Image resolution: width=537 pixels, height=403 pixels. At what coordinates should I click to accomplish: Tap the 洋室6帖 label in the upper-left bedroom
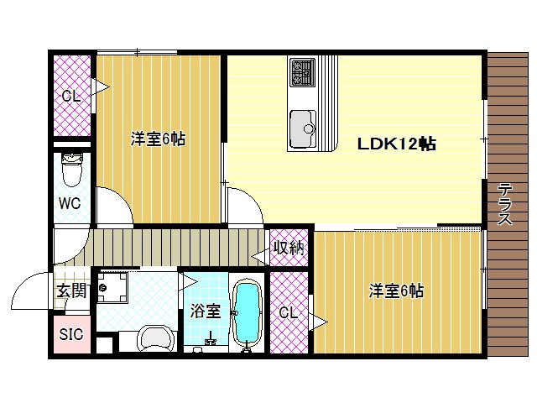tap(158, 139)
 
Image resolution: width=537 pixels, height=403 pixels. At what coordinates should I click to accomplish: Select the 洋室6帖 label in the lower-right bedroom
tap(397, 291)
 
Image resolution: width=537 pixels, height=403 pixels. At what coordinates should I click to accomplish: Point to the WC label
tap(70, 203)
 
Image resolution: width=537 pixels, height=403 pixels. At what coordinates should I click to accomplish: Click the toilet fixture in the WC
tap(71, 172)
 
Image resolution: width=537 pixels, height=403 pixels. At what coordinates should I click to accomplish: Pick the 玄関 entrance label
tap(70, 291)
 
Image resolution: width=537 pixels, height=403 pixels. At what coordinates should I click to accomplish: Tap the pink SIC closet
tap(70, 333)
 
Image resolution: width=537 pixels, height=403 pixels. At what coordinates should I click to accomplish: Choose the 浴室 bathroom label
tap(206, 311)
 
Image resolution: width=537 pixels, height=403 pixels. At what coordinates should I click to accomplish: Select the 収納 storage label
tap(289, 249)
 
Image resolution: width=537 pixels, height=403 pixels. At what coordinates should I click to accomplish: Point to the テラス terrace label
tap(505, 204)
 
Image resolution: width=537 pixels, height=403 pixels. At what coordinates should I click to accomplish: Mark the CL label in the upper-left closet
tap(71, 96)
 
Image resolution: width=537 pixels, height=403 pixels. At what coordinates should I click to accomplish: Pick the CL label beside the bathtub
tap(288, 313)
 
